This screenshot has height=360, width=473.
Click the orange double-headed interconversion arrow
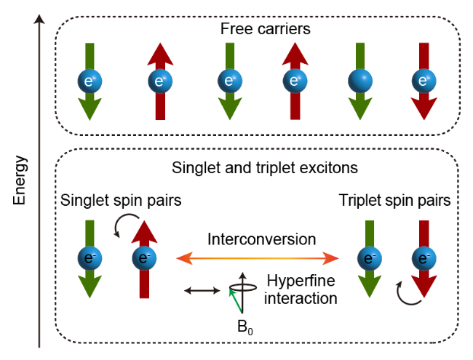(x=258, y=257)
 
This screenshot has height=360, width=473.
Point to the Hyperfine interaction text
(x=301, y=289)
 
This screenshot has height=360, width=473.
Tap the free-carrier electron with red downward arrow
(x=420, y=80)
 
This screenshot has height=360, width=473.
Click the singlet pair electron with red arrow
(x=144, y=259)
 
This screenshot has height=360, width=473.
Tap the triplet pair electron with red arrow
(x=420, y=259)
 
